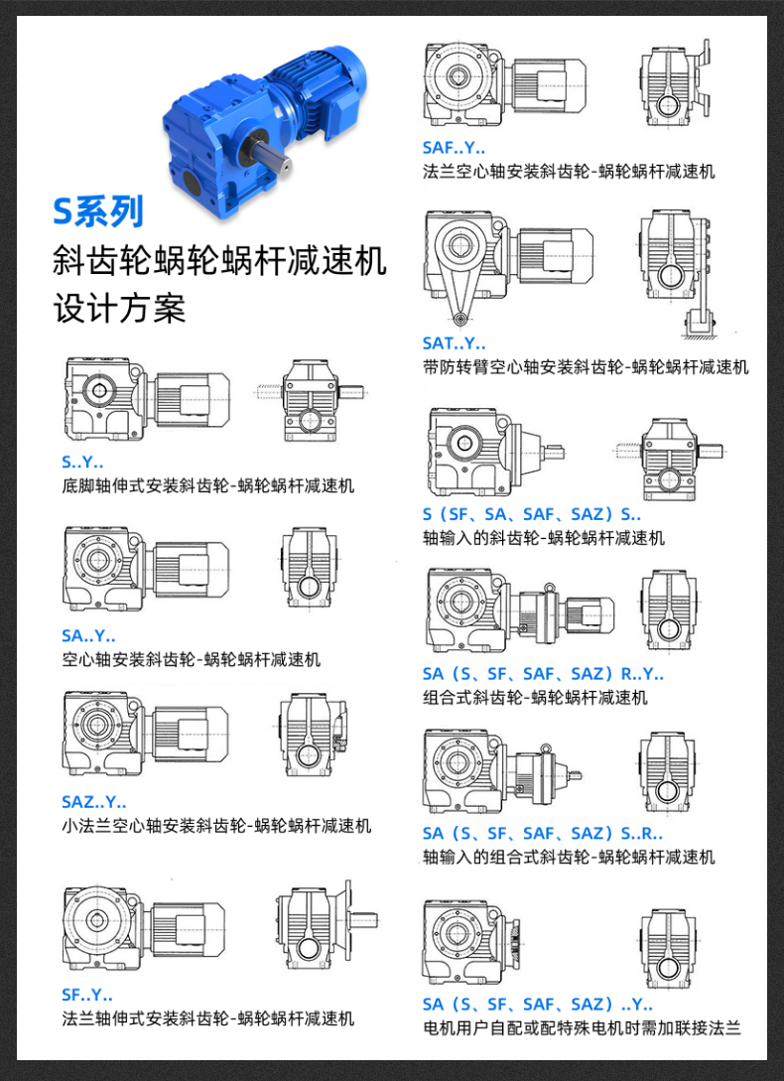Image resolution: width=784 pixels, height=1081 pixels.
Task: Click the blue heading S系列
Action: click(x=98, y=211)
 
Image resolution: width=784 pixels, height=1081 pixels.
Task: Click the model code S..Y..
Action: click(x=82, y=462)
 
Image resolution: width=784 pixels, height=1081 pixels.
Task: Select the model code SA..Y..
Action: click(x=88, y=635)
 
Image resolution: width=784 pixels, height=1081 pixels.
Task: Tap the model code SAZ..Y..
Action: click(x=94, y=802)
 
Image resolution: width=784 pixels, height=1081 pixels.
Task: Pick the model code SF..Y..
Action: click(x=87, y=995)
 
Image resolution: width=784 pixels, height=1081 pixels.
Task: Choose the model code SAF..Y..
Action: click(x=454, y=148)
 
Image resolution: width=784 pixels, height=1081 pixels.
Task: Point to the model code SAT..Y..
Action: click(x=454, y=343)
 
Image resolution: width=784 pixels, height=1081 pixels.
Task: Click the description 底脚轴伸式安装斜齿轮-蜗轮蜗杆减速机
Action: click(x=207, y=485)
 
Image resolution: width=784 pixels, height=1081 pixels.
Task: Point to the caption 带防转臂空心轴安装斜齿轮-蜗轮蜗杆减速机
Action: click(x=586, y=367)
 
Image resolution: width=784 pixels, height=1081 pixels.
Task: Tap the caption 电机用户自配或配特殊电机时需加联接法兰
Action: click(x=582, y=1027)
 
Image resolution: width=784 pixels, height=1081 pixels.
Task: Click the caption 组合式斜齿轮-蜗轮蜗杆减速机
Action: click(x=535, y=697)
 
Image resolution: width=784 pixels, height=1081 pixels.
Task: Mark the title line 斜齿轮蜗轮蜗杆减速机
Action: click(x=219, y=261)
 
